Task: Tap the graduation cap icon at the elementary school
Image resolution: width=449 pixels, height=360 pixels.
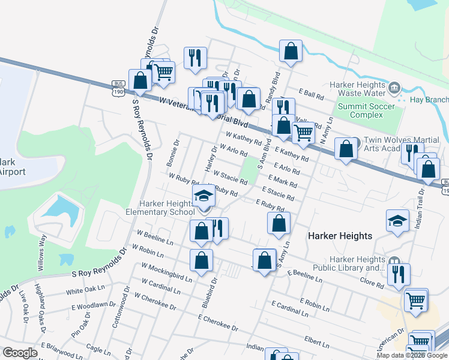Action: point(203,196)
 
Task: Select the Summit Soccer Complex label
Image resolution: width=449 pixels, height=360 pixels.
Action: point(366,110)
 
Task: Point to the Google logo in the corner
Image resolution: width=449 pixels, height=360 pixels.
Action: point(20,353)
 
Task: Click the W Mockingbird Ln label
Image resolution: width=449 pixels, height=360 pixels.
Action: point(167,272)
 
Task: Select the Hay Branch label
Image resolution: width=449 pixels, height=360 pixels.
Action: point(429,100)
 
